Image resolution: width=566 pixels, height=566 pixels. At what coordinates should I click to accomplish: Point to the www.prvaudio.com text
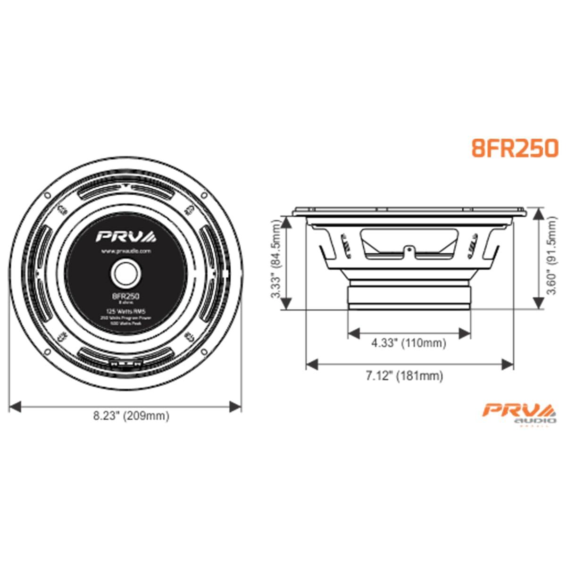(125, 252)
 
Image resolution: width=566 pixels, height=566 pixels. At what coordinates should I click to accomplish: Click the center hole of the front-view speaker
(125, 273)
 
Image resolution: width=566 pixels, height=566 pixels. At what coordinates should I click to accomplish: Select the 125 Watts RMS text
(125, 311)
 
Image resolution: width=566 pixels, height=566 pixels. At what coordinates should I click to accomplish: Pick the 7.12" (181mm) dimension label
(405, 376)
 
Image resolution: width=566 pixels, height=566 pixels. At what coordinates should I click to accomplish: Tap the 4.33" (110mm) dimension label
(408, 343)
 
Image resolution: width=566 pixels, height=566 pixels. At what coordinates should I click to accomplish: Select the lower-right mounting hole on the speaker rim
(204, 351)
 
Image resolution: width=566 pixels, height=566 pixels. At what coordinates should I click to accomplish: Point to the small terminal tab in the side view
(409, 249)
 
